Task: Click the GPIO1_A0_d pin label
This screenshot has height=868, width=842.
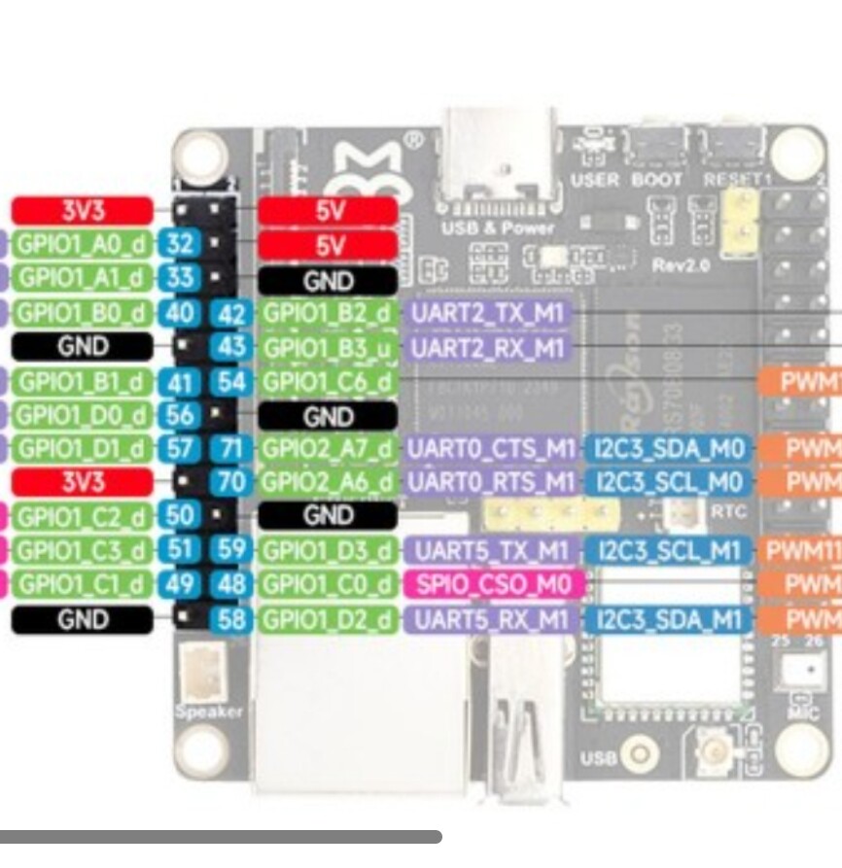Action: click(x=82, y=243)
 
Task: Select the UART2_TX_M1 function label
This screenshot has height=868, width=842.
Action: click(x=488, y=313)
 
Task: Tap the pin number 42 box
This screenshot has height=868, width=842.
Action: click(x=231, y=313)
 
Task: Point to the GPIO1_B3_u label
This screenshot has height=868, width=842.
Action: click(x=329, y=347)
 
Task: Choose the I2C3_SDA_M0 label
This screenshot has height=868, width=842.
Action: click(x=666, y=448)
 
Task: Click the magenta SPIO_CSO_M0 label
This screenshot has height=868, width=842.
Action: click(x=493, y=584)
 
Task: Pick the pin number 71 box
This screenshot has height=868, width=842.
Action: click(x=231, y=448)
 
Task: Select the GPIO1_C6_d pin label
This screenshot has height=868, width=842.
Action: click(x=329, y=381)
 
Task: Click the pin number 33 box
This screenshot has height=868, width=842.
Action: click(x=180, y=278)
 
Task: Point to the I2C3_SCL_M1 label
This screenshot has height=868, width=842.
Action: click(x=666, y=551)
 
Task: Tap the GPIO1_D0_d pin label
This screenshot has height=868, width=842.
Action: click(x=82, y=415)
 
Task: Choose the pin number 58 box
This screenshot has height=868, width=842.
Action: click(x=231, y=619)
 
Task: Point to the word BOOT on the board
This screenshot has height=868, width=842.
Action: click(x=657, y=180)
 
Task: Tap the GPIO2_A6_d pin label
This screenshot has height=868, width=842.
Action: click(x=329, y=481)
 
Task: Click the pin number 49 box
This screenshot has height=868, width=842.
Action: click(x=180, y=584)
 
